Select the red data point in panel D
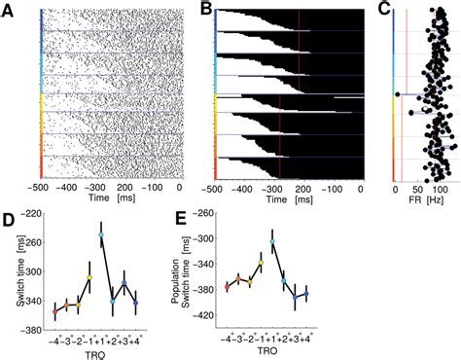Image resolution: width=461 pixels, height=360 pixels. [x=54, y=311]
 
